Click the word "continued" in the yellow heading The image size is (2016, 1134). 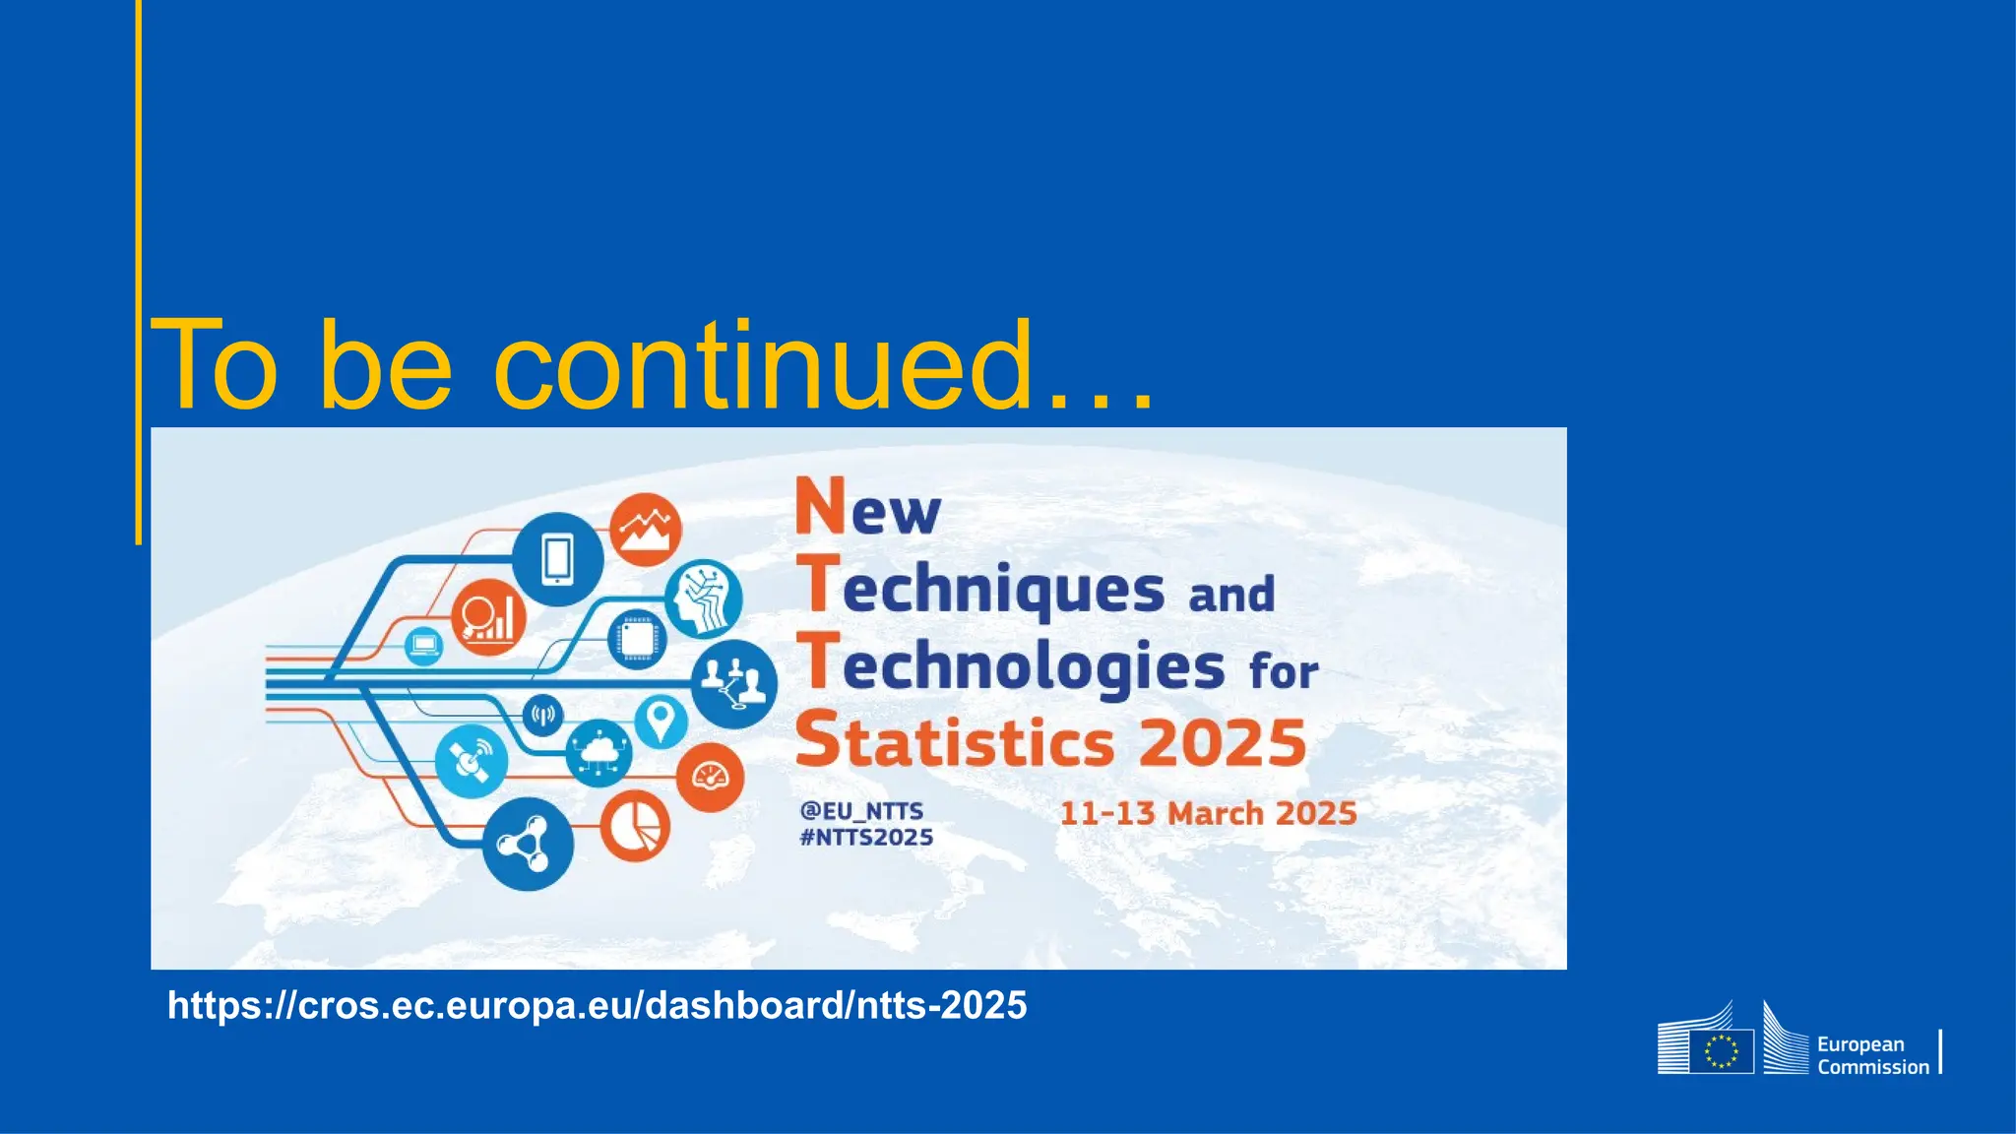(x=763, y=366)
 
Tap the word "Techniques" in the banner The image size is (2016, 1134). (x=1003, y=589)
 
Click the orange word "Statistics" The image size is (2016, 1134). (x=955, y=742)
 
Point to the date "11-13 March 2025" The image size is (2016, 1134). (x=1208, y=814)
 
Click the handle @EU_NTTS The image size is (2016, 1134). (x=861, y=811)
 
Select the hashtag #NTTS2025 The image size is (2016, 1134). (x=866, y=838)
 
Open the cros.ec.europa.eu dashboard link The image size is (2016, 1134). (x=597, y=1005)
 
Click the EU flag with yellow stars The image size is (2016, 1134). (x=1722, y=1051)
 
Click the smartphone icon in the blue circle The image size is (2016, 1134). (x=557, y=559)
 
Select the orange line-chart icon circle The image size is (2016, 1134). (x=646, y=530)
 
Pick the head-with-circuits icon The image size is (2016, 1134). (x=704, y=598)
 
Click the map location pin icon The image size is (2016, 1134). (x=660, y=722)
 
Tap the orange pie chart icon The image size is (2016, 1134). (x=635, y=826)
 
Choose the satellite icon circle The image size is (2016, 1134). (x=472, y=761)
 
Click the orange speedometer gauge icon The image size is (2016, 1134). (x=710, y=778)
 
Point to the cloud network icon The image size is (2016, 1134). (x=598, y=753)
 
